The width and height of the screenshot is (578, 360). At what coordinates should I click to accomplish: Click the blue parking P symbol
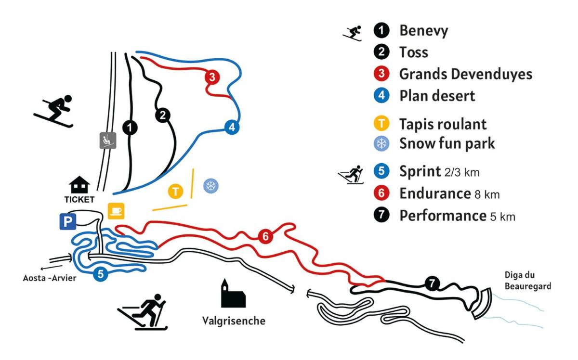67,222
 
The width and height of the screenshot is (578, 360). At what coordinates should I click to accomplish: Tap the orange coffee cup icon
116,211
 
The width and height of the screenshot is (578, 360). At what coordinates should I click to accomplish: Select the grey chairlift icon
107,140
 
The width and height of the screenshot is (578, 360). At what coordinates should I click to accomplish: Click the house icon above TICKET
79,185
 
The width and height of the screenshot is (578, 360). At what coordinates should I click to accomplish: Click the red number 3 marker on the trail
212,77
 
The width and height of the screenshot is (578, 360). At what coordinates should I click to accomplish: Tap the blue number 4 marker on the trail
232,127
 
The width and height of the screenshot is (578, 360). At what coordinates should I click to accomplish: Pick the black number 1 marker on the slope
130,128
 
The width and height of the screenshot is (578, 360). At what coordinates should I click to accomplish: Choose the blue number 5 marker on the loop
100,274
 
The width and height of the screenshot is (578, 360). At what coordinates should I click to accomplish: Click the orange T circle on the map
176,191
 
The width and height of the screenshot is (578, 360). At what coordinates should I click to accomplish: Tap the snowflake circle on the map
210,186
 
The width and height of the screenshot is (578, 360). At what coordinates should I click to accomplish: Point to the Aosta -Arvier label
50,278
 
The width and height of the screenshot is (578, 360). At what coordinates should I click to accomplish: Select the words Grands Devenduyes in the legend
465,75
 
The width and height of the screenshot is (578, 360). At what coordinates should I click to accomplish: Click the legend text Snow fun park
447,143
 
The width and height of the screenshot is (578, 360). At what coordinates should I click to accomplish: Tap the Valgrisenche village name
234,321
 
